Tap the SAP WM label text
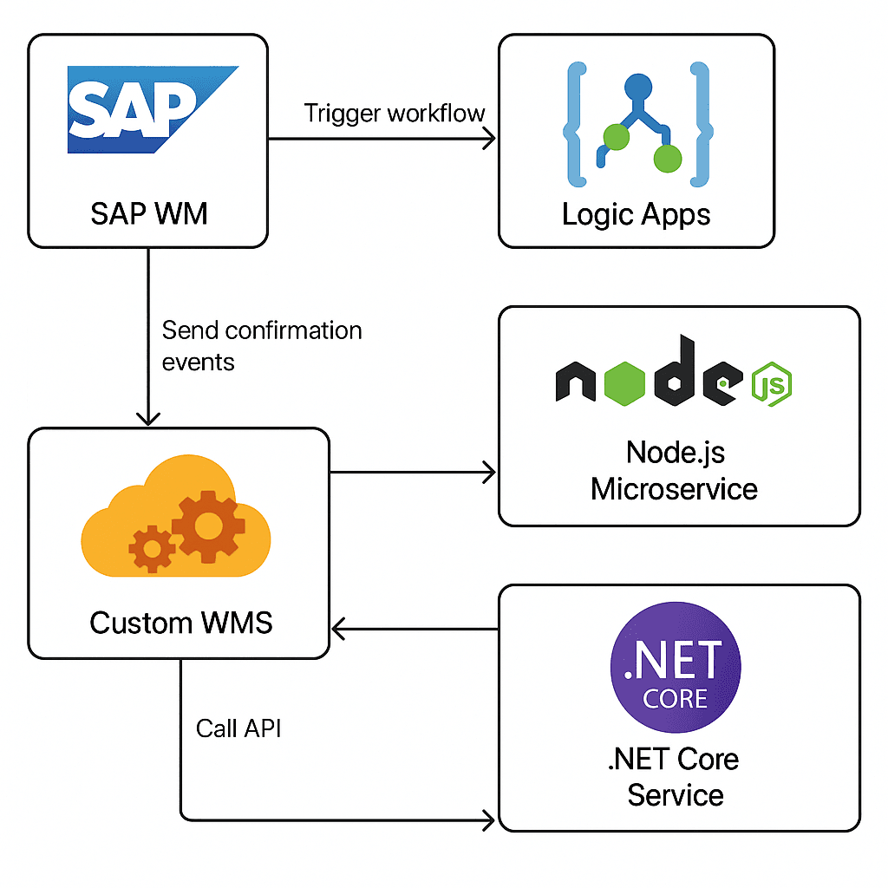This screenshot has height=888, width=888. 149,212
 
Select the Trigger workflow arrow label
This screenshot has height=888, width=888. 395,114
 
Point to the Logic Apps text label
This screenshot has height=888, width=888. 636,214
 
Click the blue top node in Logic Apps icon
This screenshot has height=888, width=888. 637,88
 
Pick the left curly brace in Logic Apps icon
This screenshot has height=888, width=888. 575,123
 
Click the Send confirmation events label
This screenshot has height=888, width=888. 261,345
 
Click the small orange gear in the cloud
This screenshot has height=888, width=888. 152,547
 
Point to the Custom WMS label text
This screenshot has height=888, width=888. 180,623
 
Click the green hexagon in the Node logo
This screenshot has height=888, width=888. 624,381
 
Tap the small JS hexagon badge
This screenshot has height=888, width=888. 770,382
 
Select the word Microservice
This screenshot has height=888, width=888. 674,488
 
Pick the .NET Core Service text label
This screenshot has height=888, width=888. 675,776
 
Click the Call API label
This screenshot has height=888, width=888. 238,728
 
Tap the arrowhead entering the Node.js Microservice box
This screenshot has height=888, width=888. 489,473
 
